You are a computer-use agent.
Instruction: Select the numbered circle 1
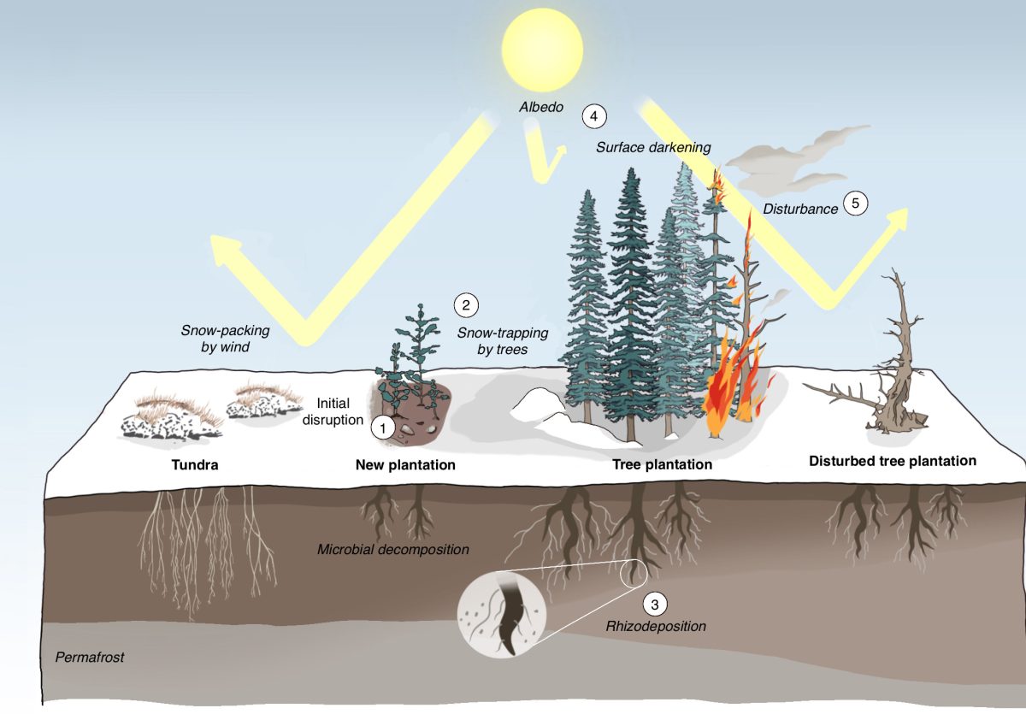383,428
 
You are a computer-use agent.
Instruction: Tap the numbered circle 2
466,304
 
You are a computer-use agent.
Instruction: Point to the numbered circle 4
593,115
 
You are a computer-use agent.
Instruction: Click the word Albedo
540,108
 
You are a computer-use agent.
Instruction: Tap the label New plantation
405,465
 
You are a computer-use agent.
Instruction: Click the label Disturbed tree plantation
893,461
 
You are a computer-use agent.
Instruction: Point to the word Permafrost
90,658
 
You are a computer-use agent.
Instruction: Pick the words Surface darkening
653,147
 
